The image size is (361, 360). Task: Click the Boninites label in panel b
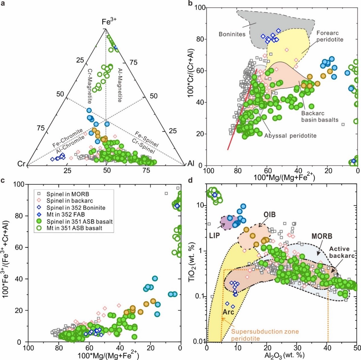pyautogui.click(x=232, y=34)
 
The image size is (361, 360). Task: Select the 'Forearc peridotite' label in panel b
pyautogui.click(x=330, y=36)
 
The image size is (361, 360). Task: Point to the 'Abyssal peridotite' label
pyautogui.click(x=290, y=136)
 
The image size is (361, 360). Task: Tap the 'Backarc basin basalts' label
pyautogui.click(x=320, y=117)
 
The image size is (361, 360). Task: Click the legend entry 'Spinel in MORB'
pyautogui.click(x=68, y=194)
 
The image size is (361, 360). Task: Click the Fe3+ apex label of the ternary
pyautogui.click(x=109, y=22)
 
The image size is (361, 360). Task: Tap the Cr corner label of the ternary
pyautogui.click(x=21, y=164)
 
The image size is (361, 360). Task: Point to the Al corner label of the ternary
pyautogui.click(x=191, y=164)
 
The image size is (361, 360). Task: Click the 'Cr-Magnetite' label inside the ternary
pyautogui.click(x=90, y=86)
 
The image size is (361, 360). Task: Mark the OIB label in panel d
pyautogui.click(x=269, y=215)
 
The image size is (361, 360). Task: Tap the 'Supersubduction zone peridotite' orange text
pyautogui.click(x=265, y=335)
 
